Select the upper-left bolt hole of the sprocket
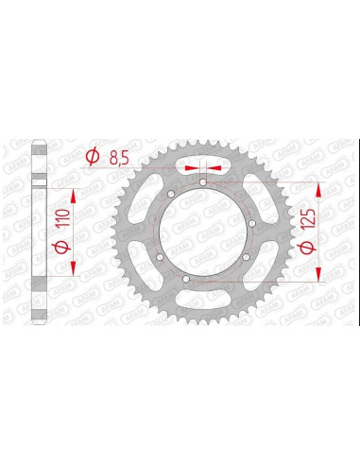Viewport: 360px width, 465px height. point(168,194)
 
